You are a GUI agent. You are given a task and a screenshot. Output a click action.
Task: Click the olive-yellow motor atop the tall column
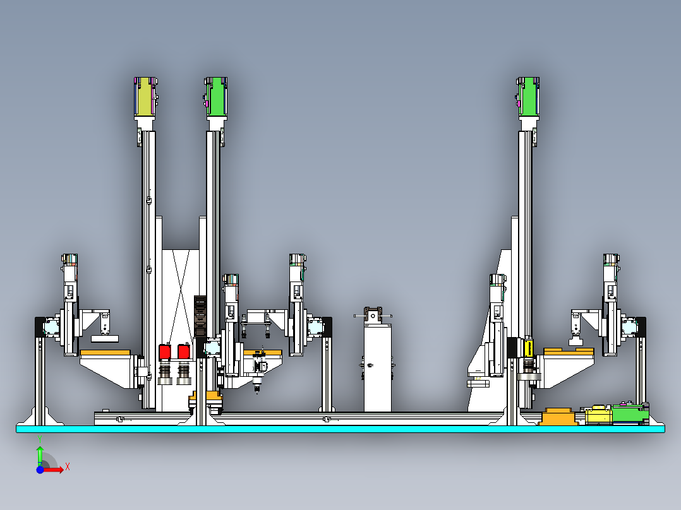[x=145, y=97]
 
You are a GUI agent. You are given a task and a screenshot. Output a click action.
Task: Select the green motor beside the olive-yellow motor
[x=216, y=97]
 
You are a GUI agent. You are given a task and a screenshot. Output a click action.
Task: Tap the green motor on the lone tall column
[x=528, y=97]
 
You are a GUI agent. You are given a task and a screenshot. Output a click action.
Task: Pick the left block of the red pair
[x=165, y=352]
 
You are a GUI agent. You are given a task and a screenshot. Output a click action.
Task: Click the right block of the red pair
[x=184, y=352]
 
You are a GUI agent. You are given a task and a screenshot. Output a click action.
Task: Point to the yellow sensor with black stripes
[x=529, y=348]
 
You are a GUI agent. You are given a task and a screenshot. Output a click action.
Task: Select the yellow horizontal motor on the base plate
[x=598, y=415]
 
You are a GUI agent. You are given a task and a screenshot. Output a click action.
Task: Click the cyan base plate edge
[x=340, y=429]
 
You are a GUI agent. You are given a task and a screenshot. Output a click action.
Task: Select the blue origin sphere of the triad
[x=40, y=470]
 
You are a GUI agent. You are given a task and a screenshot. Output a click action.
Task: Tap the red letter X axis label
[x=68, y=467]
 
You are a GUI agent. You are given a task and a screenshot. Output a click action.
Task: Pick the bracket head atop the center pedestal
[x=373, y=316]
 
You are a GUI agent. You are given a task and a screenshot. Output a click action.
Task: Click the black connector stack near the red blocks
[x=200, y=316]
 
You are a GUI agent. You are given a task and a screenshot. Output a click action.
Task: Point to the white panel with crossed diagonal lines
[x=181, y=295]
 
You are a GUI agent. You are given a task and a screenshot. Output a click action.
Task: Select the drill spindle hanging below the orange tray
[x=258, y=371]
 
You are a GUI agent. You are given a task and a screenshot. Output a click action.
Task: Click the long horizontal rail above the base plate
[x=299, y=418]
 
